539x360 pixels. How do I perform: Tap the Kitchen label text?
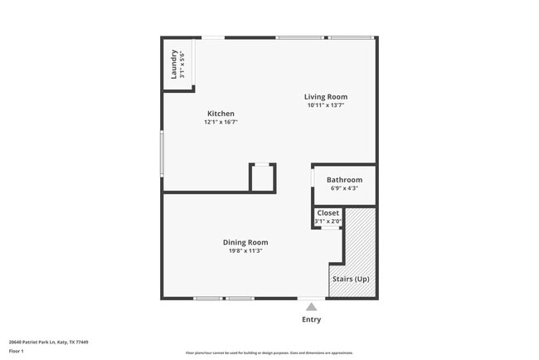pyautogui.click(x=221, y=114)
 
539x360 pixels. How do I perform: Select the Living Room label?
pyautogui.click(x=326, y=96)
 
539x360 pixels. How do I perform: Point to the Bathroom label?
pyautogui.click(x=344, y=179)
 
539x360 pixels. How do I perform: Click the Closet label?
pyautogui.click(x=328, y=213)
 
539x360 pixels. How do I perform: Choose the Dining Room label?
pyautogui.click(x=245, y=242)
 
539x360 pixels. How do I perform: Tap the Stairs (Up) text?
pyautogui.click(x=351, y=279)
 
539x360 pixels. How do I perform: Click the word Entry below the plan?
pyautogui.click(x=311, y=319)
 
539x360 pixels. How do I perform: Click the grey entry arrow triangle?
pyautogui.click(x=311, y=307)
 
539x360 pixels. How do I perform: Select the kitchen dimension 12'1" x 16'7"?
pyautogui.click(x=221, y=122)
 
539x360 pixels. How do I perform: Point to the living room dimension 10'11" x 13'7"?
pyautogui.click(x=326, y=105)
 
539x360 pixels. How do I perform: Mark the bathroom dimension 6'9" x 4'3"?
pyautogui.click(x=344, y=187)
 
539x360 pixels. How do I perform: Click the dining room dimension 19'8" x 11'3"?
pyautogui.click(x=245, y=251)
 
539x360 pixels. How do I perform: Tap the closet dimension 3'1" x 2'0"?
pyautogui.click(x=328, y=221)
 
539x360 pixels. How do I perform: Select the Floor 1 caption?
pyautogui.click(x=17, y=351)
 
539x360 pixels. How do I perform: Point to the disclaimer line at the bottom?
pyautogui.click(x=269, y=353)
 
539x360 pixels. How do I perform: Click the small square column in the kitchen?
pyautogui.click(x=262, y=178)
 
